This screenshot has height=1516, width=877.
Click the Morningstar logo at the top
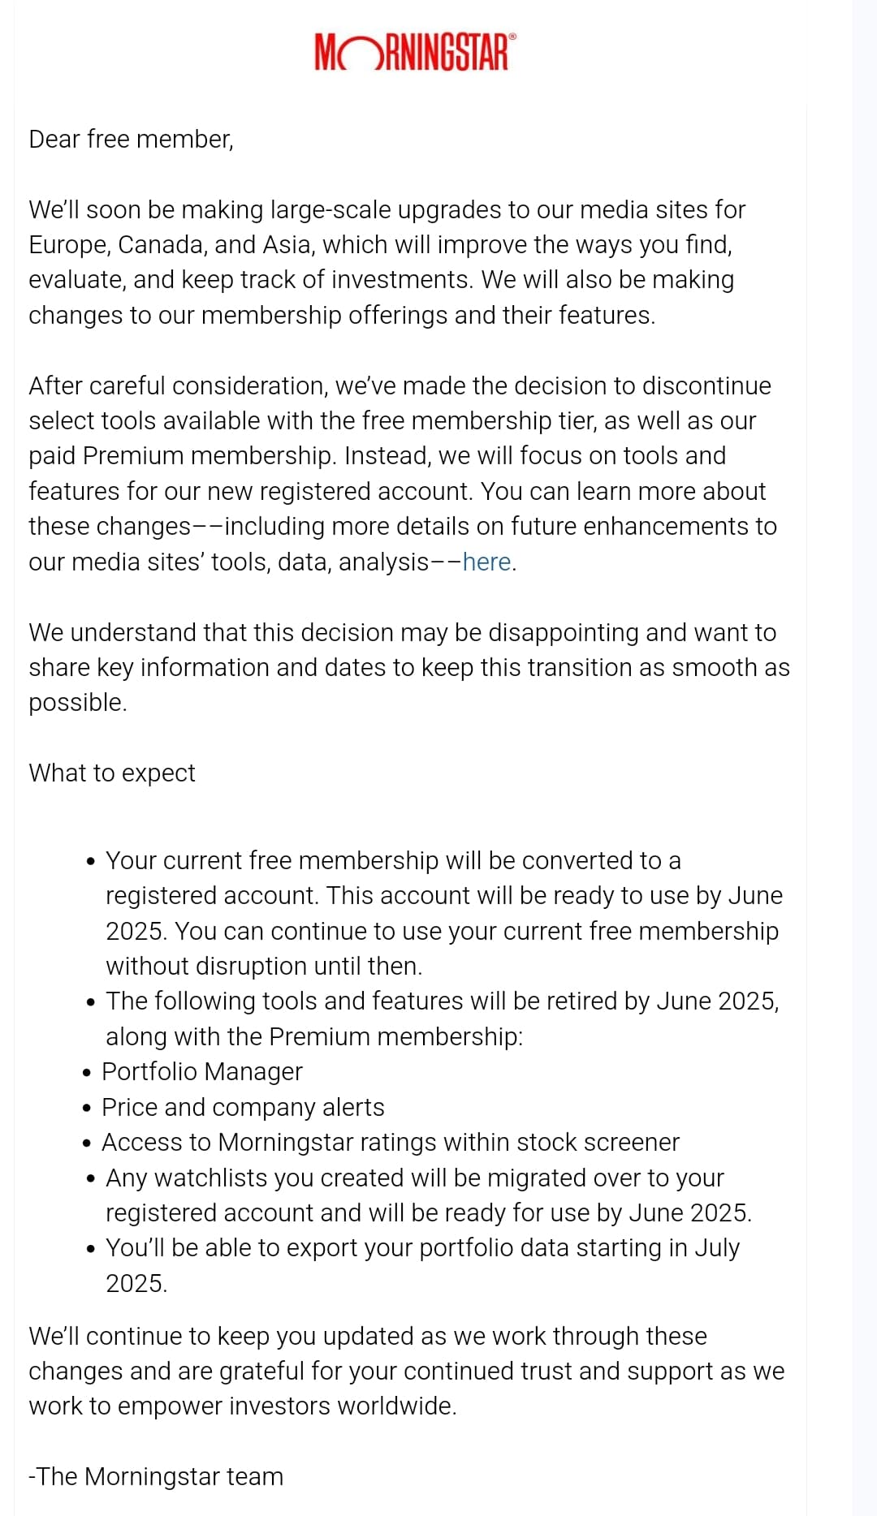click(x=413, y=52)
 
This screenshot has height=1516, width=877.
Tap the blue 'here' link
click(x=486, y=562)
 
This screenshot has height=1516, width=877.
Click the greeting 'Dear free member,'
click(x=131, y=140)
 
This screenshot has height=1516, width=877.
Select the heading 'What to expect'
click(x=112, y=773)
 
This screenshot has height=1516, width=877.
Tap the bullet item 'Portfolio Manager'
click(x=201, y=1071)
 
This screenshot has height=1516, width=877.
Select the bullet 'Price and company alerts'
click(x=243, y=1107)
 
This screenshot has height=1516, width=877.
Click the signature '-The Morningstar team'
click(x=156, y=1476)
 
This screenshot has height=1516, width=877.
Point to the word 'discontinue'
click(x=706, y=385)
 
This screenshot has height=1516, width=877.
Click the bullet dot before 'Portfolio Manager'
click(x=87, y=1073)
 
